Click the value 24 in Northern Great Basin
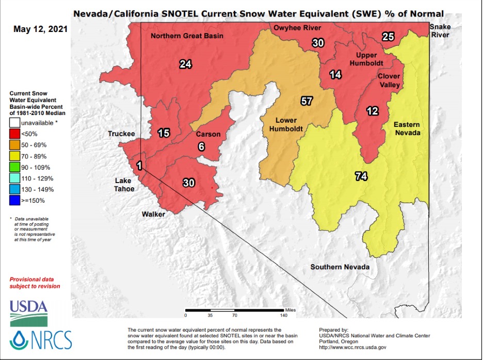click(185, 64)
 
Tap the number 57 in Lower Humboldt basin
click(307, 101)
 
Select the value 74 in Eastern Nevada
click(361, 177)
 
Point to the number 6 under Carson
click(201, 146)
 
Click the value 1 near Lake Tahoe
click(139, 165)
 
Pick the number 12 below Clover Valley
click(372, 111)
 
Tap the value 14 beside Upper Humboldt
click(335, 75)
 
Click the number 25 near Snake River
click(388, 37)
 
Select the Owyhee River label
click(297, 28)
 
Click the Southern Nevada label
click(340, 267)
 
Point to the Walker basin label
click(154, 214)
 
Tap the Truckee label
click(121, 134)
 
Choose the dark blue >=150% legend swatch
click(14, 200)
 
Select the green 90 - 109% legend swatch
click(14, 167)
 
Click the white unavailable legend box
click(14, 123)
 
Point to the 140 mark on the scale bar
click(284, 315)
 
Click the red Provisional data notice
click(35, 282)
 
